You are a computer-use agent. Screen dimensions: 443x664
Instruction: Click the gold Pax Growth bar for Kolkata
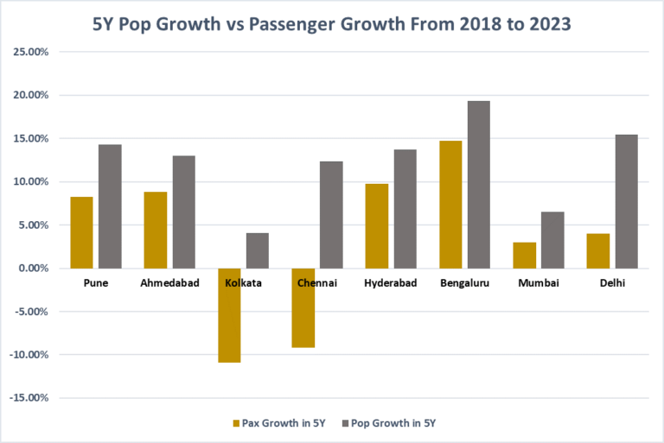pos(229,315)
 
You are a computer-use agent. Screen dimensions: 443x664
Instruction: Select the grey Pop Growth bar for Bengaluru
pos(478,185)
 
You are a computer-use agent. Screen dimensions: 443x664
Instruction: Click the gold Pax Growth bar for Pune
pos(81,232)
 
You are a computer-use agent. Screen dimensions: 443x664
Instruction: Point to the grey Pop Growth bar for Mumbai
pos(552,240)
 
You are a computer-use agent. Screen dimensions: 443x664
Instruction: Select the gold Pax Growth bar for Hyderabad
pos(376,226)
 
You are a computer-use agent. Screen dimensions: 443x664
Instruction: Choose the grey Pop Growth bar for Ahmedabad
pos(183,212)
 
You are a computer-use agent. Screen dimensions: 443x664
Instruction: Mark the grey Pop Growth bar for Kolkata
pos(257,250)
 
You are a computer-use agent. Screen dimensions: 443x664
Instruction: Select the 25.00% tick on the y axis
pos(29,52)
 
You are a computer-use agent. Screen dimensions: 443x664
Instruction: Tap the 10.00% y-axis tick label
pos(29,181)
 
